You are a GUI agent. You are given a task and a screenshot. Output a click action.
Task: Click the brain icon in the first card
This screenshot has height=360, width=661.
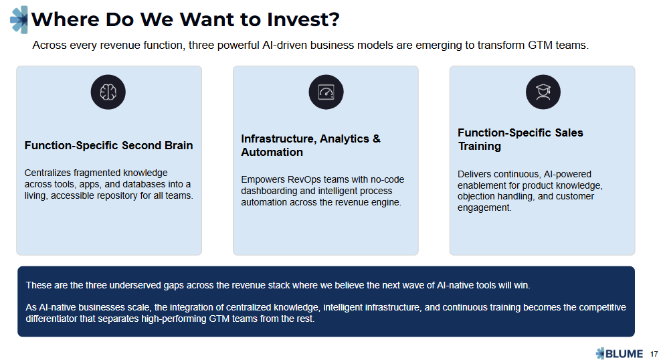point(108,92)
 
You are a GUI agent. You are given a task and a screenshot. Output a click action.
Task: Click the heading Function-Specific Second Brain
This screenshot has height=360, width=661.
point(108,145)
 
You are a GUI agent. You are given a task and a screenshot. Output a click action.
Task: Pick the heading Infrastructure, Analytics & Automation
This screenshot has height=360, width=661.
point(310,145)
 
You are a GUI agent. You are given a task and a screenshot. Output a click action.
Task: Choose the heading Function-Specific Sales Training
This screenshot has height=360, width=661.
point(520,139)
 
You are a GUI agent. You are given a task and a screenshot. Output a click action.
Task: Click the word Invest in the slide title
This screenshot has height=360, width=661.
point(297,19)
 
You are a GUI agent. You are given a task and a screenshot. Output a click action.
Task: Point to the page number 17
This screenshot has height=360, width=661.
point(654,353)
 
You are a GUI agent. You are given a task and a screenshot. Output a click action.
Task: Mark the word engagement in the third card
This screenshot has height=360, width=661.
point(484,207)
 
